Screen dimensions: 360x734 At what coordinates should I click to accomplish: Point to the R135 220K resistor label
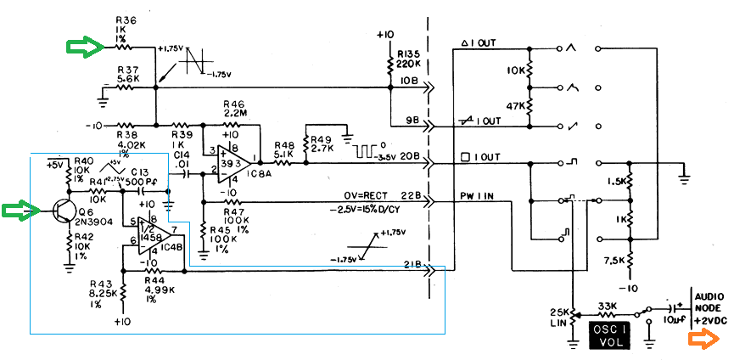tap(410, 57)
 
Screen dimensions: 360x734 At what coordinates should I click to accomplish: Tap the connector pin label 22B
tap(410, 195)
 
